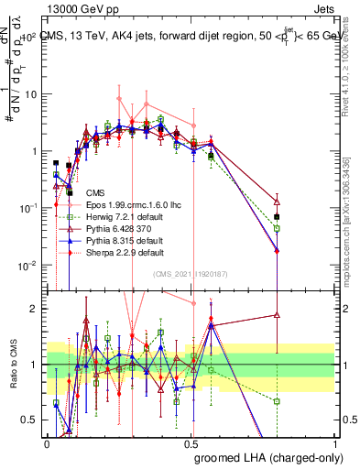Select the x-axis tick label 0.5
[x=191, y=442]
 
